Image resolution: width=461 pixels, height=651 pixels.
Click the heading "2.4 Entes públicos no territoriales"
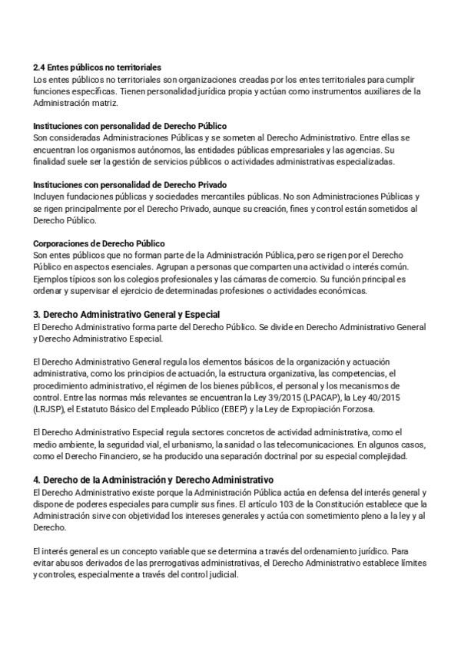pos(97,68)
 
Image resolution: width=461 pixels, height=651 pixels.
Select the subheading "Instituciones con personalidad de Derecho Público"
pos(130,125)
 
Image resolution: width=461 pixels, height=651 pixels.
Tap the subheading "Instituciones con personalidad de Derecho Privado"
pos(129,185)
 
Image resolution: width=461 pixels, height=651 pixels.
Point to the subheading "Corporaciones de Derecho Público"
pos(99,243)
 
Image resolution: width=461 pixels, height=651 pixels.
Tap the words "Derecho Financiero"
pos(95,456)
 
